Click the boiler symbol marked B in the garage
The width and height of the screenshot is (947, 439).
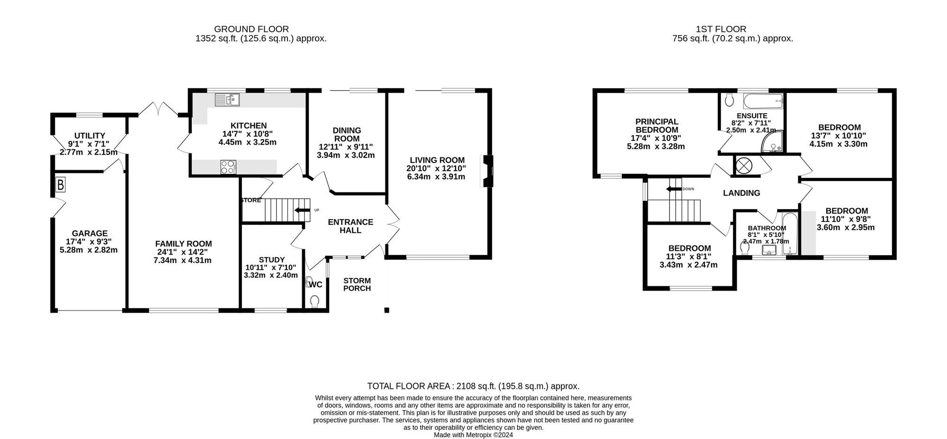[x=61, y=185]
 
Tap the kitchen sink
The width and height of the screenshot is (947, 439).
[x=227, y=99]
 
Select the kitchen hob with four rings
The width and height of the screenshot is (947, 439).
[x=228, y=167]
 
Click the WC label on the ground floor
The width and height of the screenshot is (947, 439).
[x=315, y=284]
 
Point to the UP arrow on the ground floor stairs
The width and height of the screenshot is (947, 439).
[x=302, y=210]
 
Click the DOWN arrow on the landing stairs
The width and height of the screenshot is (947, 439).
[x=673, y=189]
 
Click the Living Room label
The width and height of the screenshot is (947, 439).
[x=437, y=160]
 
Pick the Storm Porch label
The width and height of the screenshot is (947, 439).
[x=357, y=284]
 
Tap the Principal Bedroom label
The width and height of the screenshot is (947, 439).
[x=657, y=126]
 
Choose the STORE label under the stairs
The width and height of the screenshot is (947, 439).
[x=251, y=200]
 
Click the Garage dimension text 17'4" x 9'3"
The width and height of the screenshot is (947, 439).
[x=89, y=242]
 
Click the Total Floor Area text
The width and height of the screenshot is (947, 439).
[x=473, y=386]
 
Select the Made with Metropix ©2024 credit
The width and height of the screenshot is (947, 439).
[x=473, y=435]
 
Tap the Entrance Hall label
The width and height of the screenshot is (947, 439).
[x=350, y=226]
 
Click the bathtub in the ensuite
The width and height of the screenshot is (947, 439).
[x=763, y=100]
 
